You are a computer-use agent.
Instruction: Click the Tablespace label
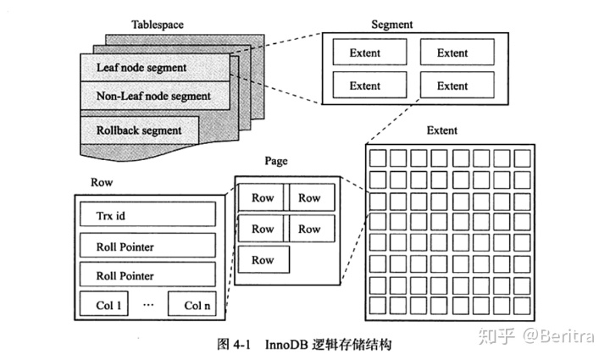pyautogui.click(x=157, y=25)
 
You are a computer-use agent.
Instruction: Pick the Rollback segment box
pyautogui.click(x=140, y=130)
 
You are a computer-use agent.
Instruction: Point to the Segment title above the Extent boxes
pyautogui.click(x=392, y=25)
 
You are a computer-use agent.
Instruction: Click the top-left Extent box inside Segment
pyautogui.click(x=365, y=53)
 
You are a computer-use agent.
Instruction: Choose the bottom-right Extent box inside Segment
pyautogui.click(x=452, y=86)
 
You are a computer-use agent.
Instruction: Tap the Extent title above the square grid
pyautogui.click(x=442, y=130)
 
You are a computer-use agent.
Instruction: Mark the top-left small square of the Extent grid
pyautogui.click(x=377, y=158)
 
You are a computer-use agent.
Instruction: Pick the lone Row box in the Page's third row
pyautogui.click(x=263, y=259)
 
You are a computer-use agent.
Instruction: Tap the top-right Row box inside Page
pyautogui.click(x=310, y=198)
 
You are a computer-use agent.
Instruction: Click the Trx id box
pyautogui.click(x=147, y=215)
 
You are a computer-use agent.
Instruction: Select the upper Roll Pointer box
pyautogui.click(x=147, y=247)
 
